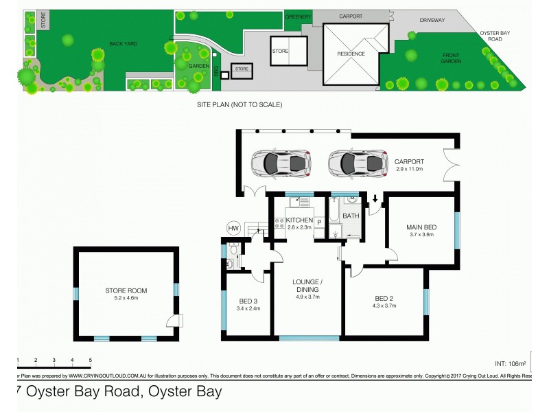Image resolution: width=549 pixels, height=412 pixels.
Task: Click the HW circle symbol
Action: coord(233,227)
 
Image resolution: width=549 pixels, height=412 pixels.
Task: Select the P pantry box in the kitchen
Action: coord(319,223)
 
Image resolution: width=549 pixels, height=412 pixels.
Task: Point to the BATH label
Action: coord(351,216)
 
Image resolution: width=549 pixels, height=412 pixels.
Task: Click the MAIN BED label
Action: coord(422,227)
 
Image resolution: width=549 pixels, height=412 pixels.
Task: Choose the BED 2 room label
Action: coord(384,297)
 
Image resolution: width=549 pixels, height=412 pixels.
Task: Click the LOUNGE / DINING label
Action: coord(307,285)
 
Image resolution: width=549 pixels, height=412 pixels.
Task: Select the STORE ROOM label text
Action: coord(126,290)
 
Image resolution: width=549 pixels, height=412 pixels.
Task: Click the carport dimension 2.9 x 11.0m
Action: coord(411,168)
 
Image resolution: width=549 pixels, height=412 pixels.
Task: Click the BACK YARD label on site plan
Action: coord(124,44)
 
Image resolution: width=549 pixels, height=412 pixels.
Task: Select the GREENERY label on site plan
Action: coord(299,16)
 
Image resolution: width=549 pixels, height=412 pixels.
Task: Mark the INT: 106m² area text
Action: coord(510,363)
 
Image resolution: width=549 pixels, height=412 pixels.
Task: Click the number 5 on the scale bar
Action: coord(90,360)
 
